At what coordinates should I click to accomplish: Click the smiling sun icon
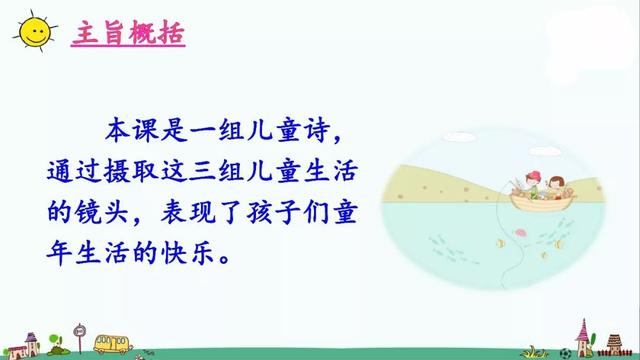(x=34, y=32)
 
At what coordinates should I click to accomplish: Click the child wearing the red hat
(x=529, y=184)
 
